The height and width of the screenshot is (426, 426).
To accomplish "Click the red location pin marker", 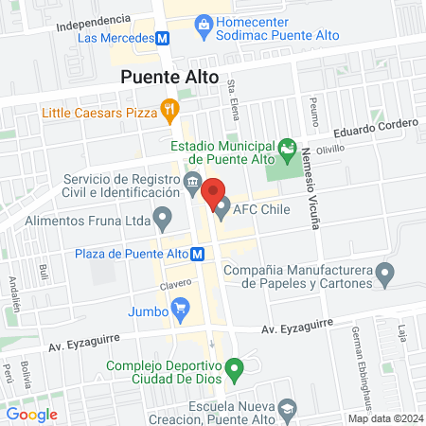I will coord(213,190).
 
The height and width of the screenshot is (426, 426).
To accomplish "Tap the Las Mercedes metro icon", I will coord(163,38).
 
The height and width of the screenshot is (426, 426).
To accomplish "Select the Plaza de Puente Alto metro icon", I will coord(198,254).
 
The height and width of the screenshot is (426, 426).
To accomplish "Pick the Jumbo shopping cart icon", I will coord(180,306).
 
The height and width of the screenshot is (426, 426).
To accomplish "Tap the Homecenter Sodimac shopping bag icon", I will coord(204,29).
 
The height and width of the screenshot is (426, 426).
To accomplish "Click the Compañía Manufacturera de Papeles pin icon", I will coord(384,275).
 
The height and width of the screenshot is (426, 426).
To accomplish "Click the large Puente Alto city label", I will coord(169,78).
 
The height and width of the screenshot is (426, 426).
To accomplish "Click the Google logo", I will coord(31,414).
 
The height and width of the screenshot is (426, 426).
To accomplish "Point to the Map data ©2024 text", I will coord(384,418).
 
